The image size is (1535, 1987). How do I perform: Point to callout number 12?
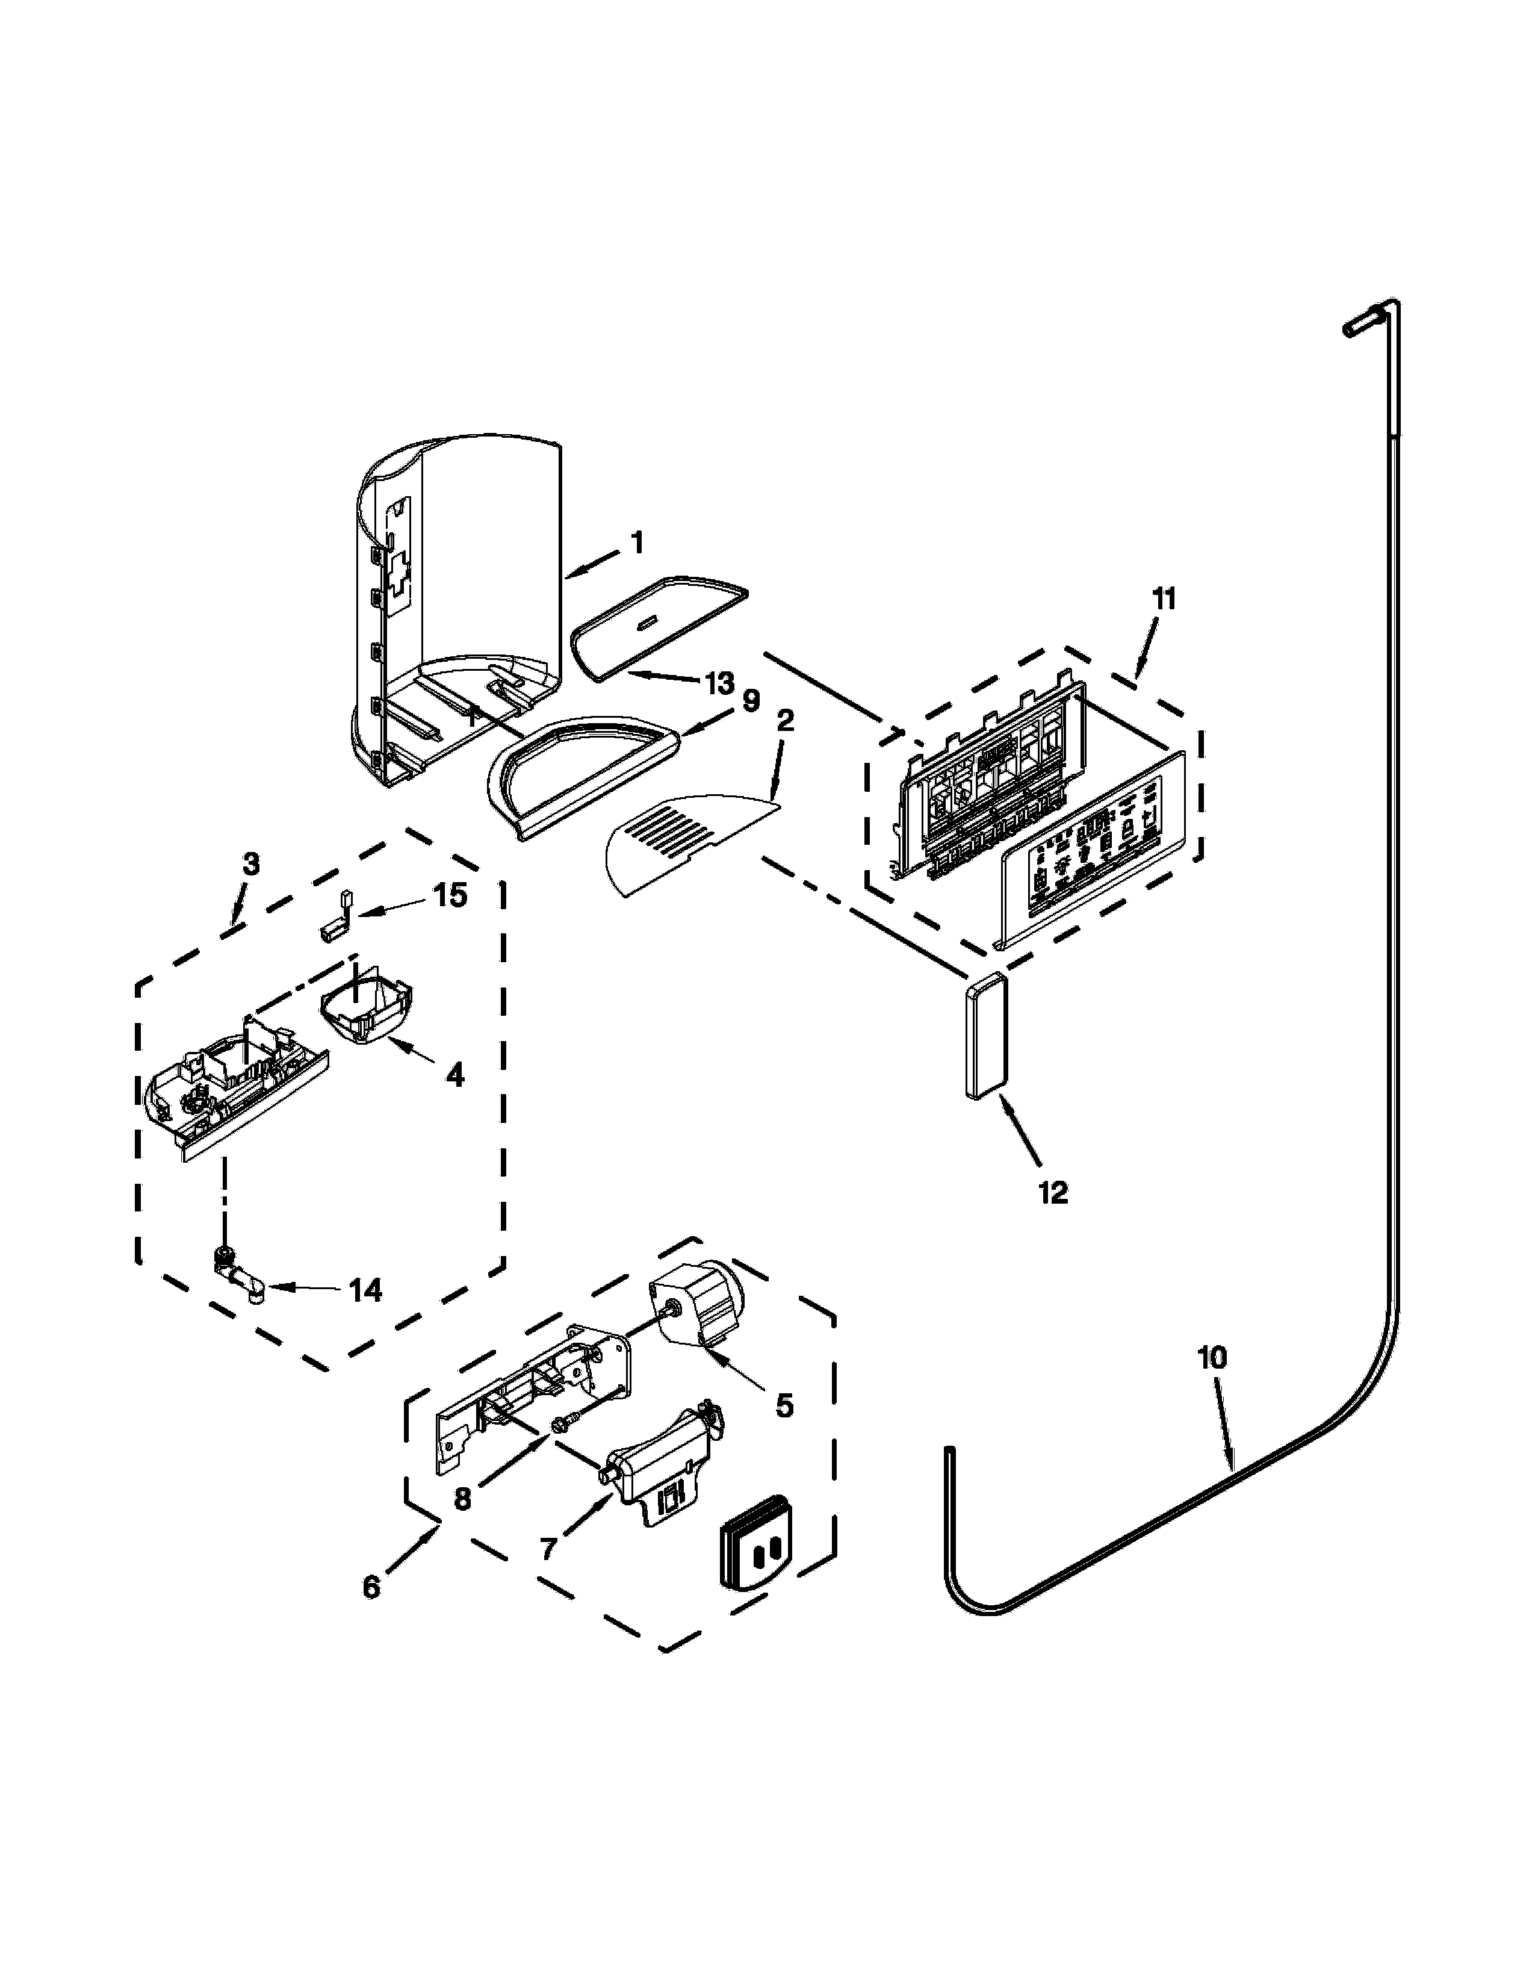(1053, 1191)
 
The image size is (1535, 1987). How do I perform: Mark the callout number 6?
(371, 1587)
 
